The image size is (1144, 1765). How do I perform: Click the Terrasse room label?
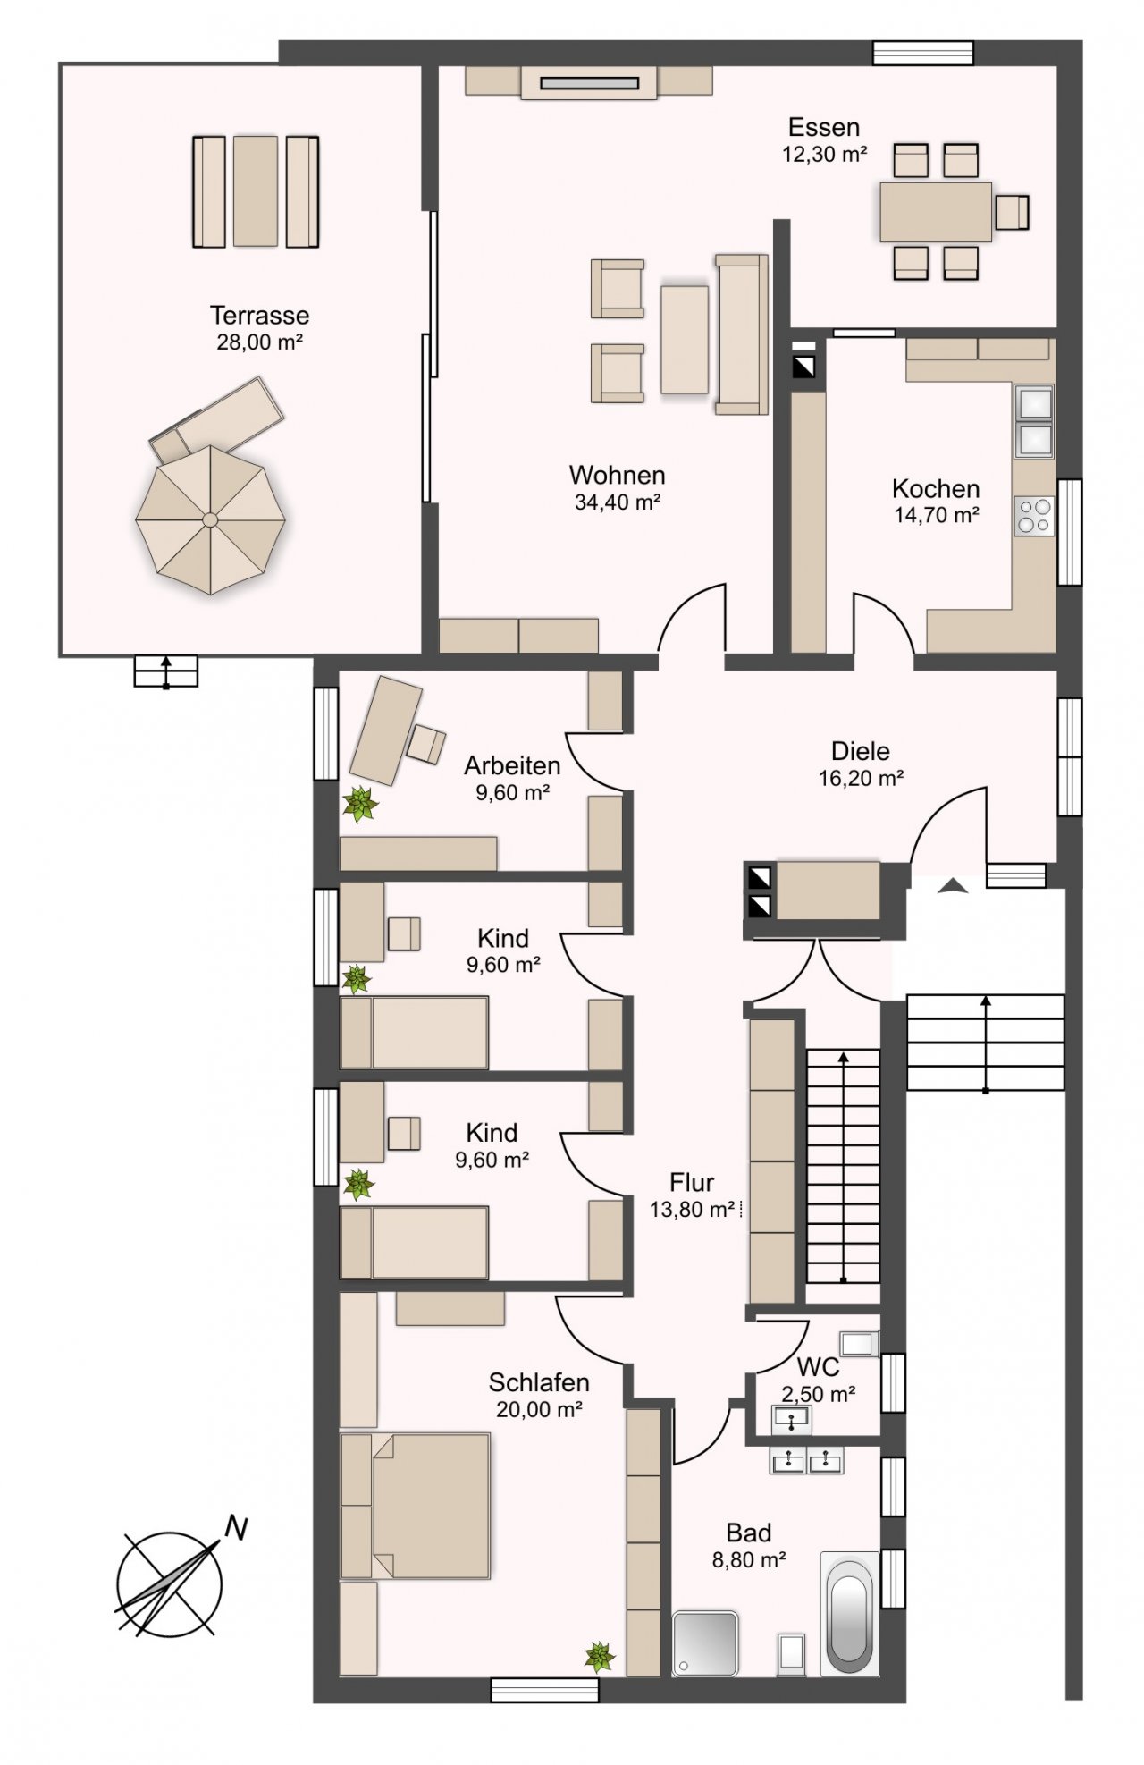pyautogui.click(x=259, y=315)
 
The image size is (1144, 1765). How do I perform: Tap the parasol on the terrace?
pyautogui.click(x=210, y=519)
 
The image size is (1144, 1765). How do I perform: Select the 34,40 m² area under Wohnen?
pyautogui.click(x=617, y=502)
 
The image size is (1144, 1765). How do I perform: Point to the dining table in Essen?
pyautogui.click(x=936, y=212)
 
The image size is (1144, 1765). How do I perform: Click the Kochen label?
pyautogui.click(x=936, y=488)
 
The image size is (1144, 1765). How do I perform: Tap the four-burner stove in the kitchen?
pyautogui.click(x=1034, y=516)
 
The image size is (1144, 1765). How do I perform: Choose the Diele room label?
pyautogui.click(x=861, y=751)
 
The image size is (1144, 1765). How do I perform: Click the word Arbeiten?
pyautogui.click(x=512, y=765)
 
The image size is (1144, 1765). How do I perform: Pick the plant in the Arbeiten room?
pyautogui.click(x=361, y=804)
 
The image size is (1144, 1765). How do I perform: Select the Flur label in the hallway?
pyautogui.click(x=692, y=1183)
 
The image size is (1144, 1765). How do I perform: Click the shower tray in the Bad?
pyautogui.click(x=706, y=1643)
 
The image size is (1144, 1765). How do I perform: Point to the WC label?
pyautogui.click(x=818, y=1367)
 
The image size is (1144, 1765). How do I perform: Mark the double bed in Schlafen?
pyautogui.click(x=416, y=1505)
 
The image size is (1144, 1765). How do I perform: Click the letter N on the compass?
pyautogui.click(x=236, y=1528)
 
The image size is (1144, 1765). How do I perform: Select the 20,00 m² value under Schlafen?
pyautogui.click(x=539, y=1409)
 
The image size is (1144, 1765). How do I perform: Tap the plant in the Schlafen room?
pyautogui.click(x=600, y=1657)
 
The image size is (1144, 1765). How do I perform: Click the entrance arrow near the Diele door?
pyautogui.click(x=953, y=886)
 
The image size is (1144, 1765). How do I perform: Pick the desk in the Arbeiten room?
pyautogui.click(x=385, y=730)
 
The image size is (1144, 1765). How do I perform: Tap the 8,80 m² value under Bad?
pyautogui.click(x=749, y=1560)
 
